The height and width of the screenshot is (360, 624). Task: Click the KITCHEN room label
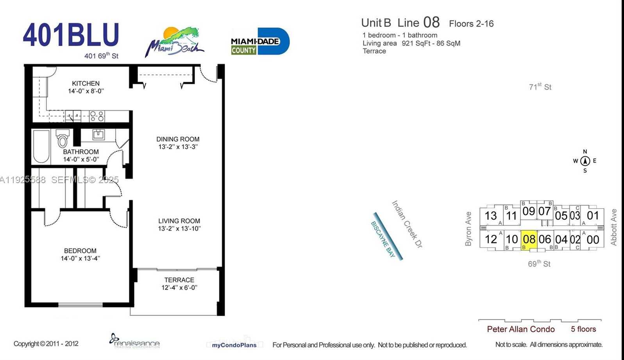[86, 83]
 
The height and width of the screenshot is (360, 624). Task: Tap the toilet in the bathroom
[62, 139]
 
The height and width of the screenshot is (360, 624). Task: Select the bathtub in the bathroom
[41, 146]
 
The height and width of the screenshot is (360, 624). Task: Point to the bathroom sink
[98, 135]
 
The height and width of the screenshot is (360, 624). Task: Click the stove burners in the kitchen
[97, 116]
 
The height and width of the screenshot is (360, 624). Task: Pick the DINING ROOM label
[178, 139]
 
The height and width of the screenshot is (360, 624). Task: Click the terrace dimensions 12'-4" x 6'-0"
[179, 288]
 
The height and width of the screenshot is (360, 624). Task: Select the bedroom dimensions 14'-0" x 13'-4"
[80, 258]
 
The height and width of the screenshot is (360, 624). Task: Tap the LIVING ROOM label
[179, 221]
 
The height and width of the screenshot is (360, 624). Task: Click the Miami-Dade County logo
[260, 41]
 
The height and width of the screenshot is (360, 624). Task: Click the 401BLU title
[71, 35]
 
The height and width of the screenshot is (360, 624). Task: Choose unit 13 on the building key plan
[490, 216]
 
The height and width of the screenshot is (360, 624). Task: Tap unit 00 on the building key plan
[593, 240]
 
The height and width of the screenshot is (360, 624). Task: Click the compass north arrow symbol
[585, 161]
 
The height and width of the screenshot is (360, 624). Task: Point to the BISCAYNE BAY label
[383, 239]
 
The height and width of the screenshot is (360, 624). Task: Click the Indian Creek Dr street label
[407, 225]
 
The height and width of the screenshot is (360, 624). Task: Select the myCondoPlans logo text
[234, 345]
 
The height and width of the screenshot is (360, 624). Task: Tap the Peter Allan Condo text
[520, 329]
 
